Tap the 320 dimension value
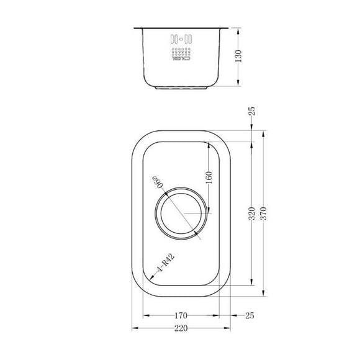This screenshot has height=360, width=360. tap(251, 213)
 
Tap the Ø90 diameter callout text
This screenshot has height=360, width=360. tap(156, 184)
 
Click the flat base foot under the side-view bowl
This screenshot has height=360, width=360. tap(180, 88)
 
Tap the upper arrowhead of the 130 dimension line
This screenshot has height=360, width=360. tap(239, 29)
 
